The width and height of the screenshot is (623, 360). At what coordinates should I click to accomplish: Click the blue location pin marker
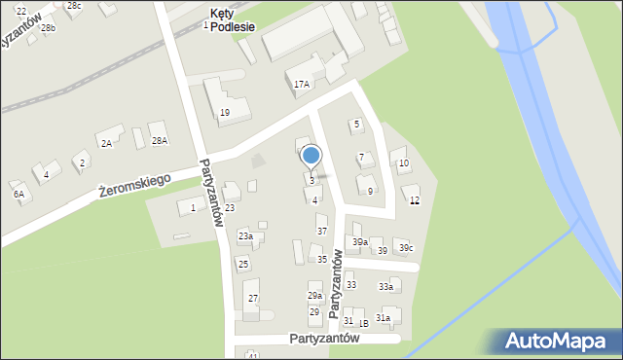pos(311,156)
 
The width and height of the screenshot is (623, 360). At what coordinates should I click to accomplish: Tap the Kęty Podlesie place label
pos(233,20)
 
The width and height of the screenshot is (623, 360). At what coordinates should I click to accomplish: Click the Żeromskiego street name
pos(134,185)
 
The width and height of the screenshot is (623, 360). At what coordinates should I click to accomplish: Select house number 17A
pos(302,85)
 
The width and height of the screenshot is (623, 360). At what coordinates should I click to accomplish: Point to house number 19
pos(224,113)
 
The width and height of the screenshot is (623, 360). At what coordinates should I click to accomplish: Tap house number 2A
pos(107,143)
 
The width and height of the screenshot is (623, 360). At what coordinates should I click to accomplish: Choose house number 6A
pos(18,194)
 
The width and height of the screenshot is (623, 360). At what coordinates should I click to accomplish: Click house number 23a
pos(245,235)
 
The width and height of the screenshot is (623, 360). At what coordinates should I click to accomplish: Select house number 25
pos(243,264)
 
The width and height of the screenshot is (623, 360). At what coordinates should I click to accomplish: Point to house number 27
pos(252,298)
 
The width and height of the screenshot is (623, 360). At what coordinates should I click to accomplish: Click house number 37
pos(322,231)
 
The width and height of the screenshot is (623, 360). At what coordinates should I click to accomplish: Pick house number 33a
pos(386,287)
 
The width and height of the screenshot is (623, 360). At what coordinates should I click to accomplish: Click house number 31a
pos(384,317)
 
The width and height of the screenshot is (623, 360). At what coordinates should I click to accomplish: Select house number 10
pos(403,162)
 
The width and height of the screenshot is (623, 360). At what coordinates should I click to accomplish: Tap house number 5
pos(356,124)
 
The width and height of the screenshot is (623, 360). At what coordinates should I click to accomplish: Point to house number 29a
pos(314,295)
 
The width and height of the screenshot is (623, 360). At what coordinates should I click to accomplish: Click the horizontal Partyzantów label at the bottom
pos(324,339)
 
